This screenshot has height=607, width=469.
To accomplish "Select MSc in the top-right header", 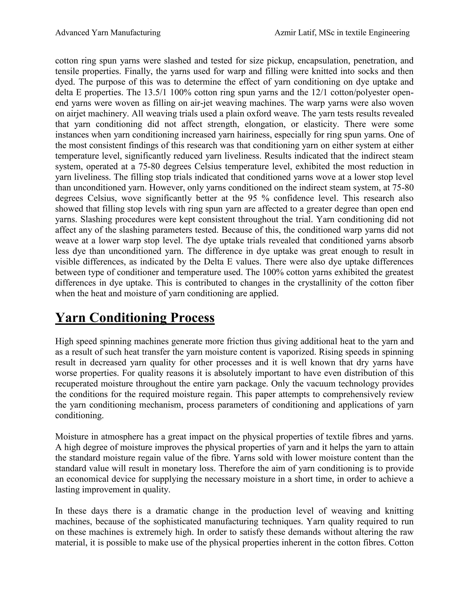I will [x=327, y=33].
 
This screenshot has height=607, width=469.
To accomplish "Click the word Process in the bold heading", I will [x=192, y=318].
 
